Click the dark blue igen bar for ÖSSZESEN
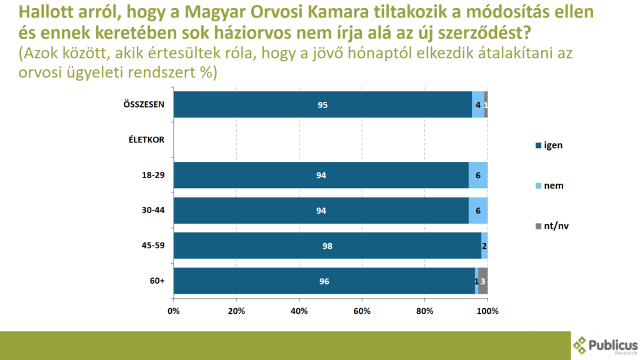point(322,104)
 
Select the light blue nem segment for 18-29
point(478,175)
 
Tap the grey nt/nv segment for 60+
point(483,281)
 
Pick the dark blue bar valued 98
point(327,246)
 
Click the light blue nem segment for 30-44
point(478,211)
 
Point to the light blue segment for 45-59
point(484,246)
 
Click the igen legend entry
point(550,146)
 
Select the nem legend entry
point(550,186)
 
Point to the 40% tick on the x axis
point(299,311)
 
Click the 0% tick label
point(174,311)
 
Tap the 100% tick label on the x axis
point(487,311)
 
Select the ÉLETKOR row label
point(142,139)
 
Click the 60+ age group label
point(157,281)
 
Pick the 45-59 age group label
point(153,246)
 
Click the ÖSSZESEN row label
point(144,104)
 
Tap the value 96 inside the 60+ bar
point(324,281)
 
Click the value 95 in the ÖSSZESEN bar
point(322,105)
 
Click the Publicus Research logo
point(606,346)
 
